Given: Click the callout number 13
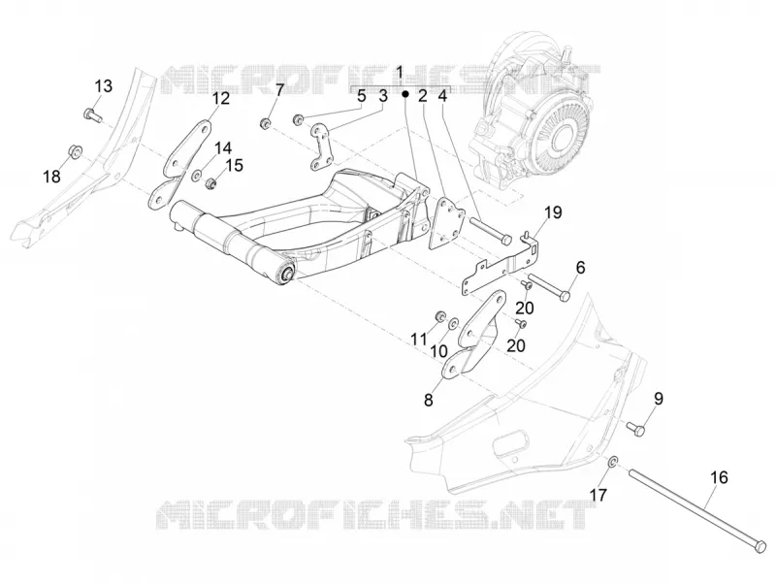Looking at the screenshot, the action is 104,86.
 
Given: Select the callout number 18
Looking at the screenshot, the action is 52,176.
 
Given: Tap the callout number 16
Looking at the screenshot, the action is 719,477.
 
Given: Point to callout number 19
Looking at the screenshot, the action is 553,212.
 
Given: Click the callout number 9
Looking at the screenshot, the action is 659,399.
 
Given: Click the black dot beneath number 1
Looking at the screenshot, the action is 404,93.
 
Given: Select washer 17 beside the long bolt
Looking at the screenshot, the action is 612,462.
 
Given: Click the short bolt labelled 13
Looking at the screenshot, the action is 92,114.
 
